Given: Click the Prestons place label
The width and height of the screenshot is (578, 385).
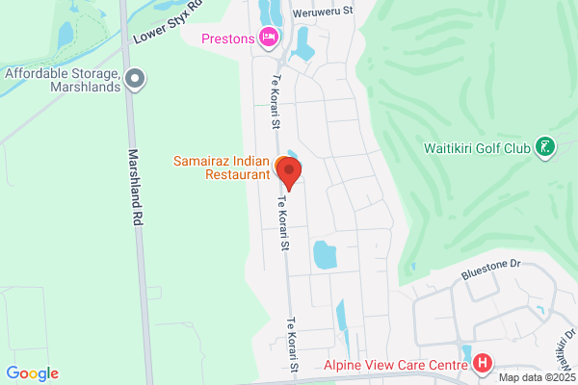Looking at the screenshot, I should tap(228, 38).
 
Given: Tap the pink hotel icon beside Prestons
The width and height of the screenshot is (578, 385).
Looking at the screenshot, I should tap(269, 38).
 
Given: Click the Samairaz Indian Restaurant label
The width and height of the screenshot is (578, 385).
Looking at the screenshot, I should tap(222, 166).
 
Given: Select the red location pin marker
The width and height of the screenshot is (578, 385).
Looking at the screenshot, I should tap(289, 171).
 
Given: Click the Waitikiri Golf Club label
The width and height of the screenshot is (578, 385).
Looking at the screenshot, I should tap(477, 148).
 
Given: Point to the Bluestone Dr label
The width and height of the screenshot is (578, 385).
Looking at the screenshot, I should tap(489, 262).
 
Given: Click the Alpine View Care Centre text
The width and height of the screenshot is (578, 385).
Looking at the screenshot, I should tap(396, 364).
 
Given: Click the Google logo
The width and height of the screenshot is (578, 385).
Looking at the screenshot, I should tap(32, 373).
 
